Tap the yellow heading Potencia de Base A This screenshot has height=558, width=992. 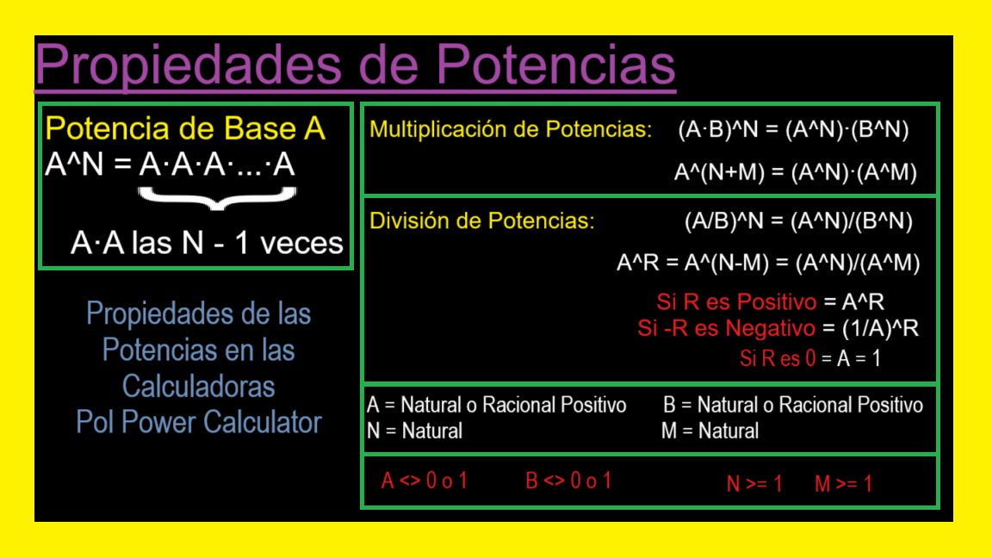185,129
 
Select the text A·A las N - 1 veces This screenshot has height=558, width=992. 207,244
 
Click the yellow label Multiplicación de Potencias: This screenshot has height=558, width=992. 511,130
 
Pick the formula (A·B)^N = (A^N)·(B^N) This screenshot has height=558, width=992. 793,130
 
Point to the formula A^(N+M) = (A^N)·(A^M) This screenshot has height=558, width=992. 795,172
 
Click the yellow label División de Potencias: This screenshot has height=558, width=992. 482,220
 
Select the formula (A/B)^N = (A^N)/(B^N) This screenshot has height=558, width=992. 798,221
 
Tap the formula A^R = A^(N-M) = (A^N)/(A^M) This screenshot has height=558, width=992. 768,263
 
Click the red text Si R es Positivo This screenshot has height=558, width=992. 735,302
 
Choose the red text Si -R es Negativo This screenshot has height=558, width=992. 726,329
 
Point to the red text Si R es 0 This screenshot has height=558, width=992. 778,359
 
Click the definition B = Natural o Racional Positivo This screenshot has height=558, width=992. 792,405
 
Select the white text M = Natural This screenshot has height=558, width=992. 710,431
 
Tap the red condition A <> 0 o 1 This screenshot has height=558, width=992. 424,481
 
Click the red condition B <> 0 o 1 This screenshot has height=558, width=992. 568,481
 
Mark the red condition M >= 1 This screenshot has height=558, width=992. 843,484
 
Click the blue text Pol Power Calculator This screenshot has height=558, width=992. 199,423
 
